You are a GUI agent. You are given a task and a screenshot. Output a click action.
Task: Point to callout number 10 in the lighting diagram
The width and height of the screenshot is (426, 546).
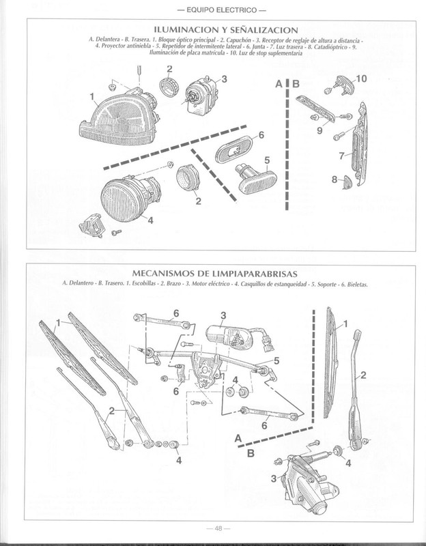coord(361,79)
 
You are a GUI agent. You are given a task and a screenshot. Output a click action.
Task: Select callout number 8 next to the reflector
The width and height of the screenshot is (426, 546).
coord(334,179)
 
